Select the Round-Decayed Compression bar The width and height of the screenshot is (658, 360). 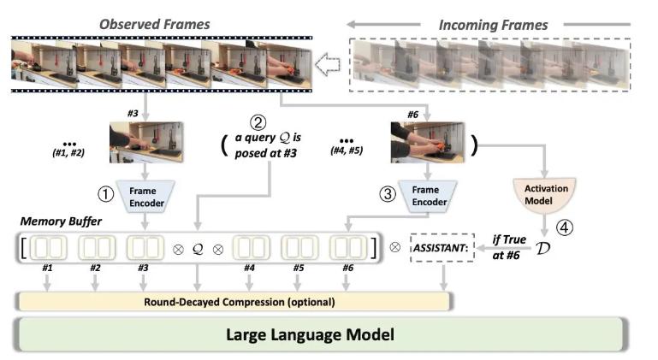tap(234, 300)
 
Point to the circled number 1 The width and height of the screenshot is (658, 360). tap(105, 194)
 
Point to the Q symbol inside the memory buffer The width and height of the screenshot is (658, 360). tap(198, 251)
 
